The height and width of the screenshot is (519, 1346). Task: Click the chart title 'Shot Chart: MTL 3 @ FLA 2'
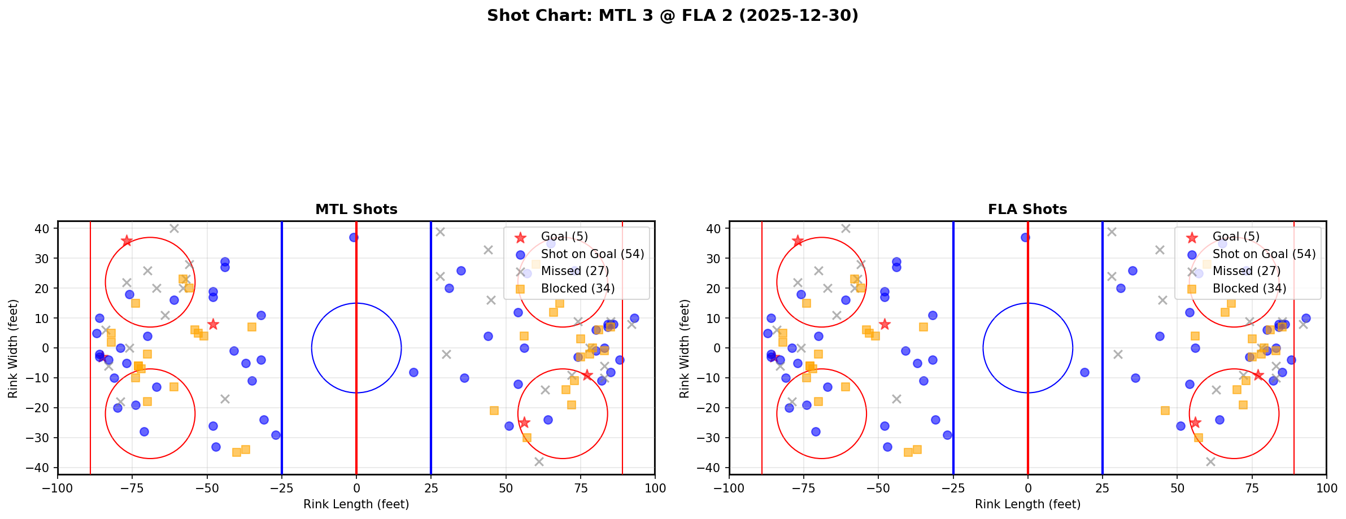(x=672, y=15)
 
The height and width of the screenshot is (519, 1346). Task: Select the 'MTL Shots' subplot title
(x=356, y=210)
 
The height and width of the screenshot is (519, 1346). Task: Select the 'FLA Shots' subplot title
(x=1027, y=210)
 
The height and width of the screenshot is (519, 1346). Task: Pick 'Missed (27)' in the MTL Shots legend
(x=574, y=271)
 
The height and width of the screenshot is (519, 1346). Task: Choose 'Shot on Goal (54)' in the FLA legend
(x=1264, y=254)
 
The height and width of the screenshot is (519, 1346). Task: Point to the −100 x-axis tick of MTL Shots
(x=58, y=488)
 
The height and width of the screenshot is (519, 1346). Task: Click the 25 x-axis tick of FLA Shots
(x=1102, y=488)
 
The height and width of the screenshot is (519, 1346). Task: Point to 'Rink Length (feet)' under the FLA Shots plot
(x=1027, y=504)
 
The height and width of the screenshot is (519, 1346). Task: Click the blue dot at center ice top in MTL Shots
(x=354, y=238)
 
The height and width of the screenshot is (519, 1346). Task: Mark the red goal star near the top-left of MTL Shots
(x=127, y=241)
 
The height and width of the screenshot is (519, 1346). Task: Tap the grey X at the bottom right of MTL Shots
(x=539, y=462)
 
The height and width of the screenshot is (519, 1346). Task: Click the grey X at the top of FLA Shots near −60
(x=846, y=229)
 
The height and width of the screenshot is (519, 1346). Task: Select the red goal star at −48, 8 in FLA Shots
(x=885, y=324)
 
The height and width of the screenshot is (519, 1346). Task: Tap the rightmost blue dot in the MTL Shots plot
(x=634, y=318)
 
